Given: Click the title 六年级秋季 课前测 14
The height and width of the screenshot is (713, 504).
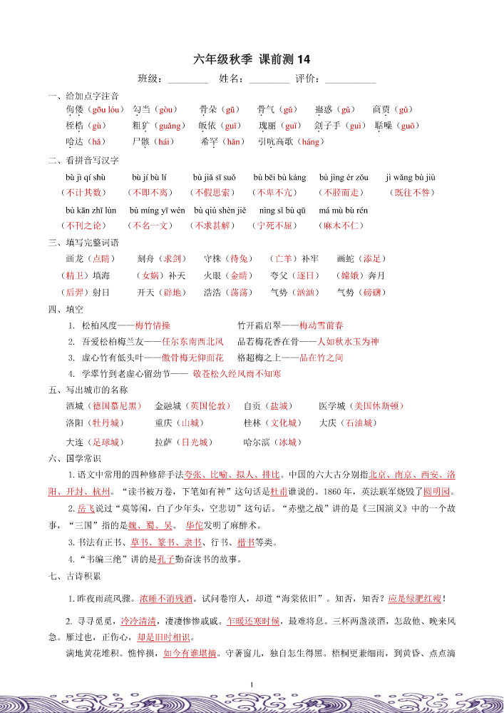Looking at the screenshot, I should click(x=252, y=59).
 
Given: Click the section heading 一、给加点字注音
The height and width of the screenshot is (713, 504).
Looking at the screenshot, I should click(x=83, y=96).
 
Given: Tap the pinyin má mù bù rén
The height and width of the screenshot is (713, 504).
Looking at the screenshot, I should click(x=343, y=211).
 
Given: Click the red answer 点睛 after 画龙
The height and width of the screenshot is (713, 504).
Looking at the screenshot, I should click(x=103, y=258).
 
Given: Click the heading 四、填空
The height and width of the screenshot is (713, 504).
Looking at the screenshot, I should click(x=66, y=309).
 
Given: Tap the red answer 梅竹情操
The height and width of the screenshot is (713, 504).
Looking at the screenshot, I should click(x=153, y=325).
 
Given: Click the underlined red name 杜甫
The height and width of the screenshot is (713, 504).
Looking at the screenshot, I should click(x=279, y=492).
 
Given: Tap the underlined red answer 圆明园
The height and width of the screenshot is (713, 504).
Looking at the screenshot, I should click(x=438, y=492).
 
